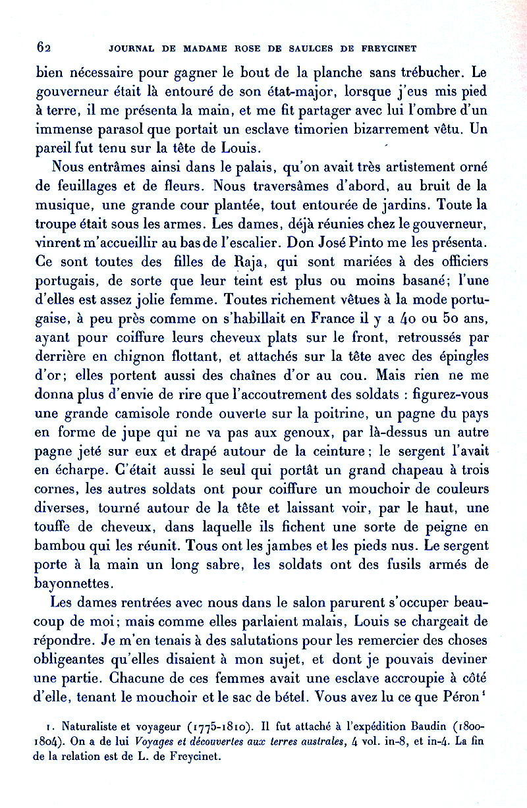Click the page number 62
click(44, 47)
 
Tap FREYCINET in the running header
click(389, 48)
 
